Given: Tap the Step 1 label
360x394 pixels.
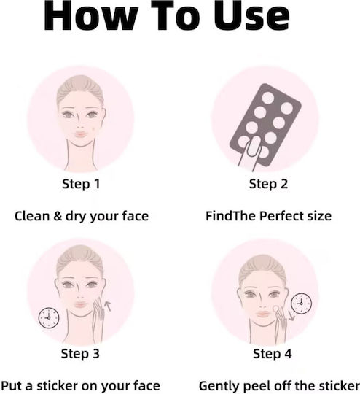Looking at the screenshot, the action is pyautogui.click(x=81, y=184).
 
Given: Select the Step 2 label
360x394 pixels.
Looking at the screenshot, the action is pyautogui.click(x=268, y=184).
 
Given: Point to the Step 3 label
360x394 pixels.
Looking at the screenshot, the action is pyautogui.click(x=80, y=354).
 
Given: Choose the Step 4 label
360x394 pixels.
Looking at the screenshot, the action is pyautogui.click(x=273, y=354).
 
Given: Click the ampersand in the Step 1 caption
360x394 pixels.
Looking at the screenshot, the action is pyautogui.click(x=58, y=216).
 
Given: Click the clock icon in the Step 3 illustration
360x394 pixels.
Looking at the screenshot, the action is pyautogui.click(x=49, y=317).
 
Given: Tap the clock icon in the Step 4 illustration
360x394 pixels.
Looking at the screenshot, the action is pyautogui.click(x=301, y=304).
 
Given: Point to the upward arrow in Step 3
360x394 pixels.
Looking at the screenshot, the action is pyautogui.click(x=108, y=306).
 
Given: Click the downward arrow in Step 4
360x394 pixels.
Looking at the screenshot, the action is pyautogui.click(x=291, y=316).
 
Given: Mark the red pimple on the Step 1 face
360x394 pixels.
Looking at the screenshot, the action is pyautogui.click(x=94, y=129).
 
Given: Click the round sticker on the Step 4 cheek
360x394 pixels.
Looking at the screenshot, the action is pyautogui.click(x=275, y=309).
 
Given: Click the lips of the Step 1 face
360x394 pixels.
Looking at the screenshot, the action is pyautogui.click(x=80, y=135).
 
